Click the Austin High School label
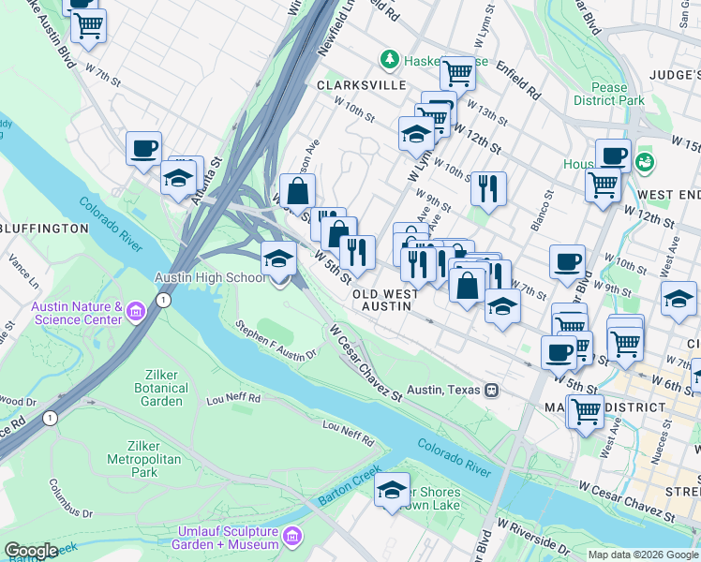tap(210, 278)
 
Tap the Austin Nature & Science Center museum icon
tap(137, 310)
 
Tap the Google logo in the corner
tap(31, 551)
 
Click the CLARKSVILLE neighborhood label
tap(352, 84)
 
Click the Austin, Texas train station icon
tap(490, 389)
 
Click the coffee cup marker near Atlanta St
tap(144, 148)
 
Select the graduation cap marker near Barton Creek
tap(392, 490)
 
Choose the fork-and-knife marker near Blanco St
tap(488, 187)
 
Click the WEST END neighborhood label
tap(669, 194)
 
